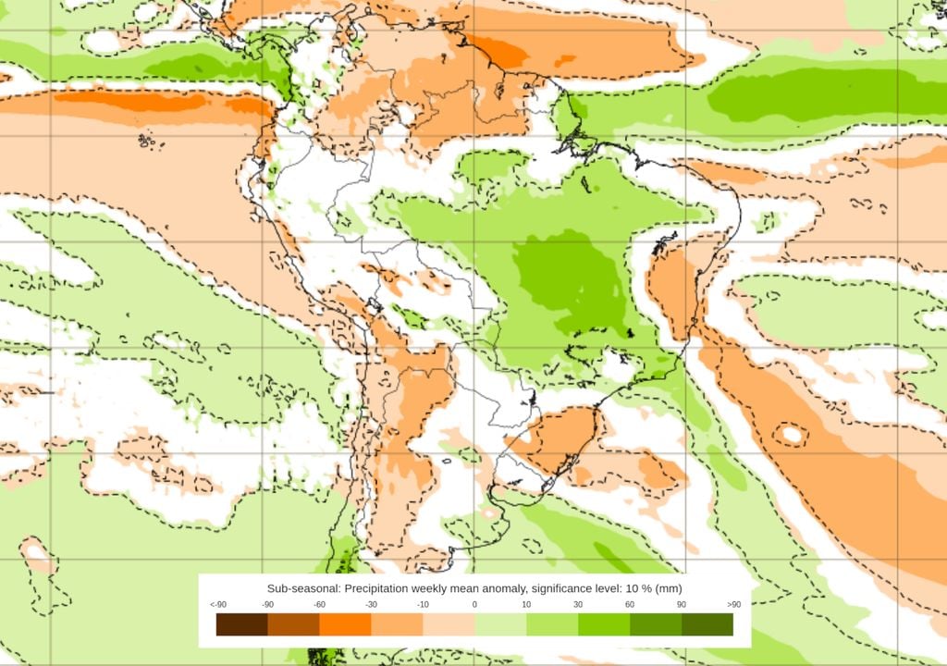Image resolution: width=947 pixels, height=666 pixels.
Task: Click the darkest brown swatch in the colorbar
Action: point(241,625)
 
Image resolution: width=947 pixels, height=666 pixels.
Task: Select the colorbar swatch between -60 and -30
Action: point(345,625)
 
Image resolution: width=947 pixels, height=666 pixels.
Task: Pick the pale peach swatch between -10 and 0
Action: point(449,625)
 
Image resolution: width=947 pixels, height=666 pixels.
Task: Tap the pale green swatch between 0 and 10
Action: point(500,625)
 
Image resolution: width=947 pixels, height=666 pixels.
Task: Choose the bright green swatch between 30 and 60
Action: point(604,625)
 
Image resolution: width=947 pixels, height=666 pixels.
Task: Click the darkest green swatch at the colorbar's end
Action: point(707,625)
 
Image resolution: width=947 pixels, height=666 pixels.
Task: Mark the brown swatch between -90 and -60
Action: point(293,625)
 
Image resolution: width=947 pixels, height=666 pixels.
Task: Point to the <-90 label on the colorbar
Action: point(218,605)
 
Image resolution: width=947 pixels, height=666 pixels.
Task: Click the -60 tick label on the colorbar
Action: point(319,605)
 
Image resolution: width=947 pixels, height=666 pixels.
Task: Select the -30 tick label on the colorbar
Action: point(371,605)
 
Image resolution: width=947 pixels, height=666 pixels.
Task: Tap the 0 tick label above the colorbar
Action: point(474,605)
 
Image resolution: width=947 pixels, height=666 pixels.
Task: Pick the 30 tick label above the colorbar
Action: point(578,605)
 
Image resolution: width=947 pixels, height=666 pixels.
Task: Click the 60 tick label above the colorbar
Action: point(630,605)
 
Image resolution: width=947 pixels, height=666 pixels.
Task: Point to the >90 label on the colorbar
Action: point(733,605)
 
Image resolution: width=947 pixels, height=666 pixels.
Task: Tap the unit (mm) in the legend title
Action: point(669,588)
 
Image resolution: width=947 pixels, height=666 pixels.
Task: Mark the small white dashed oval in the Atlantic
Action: point(791,433)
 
